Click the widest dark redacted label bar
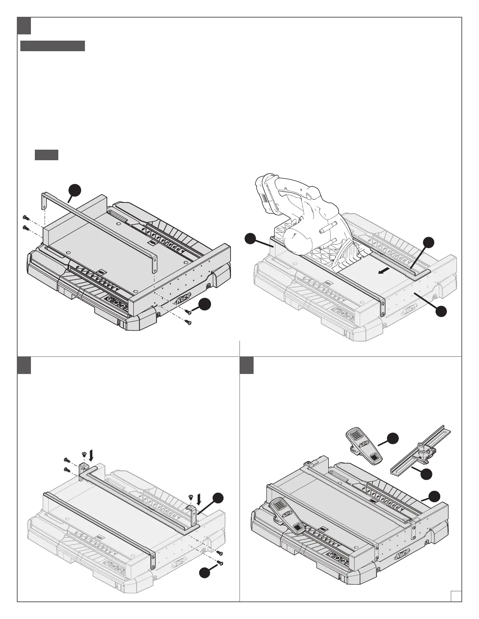click(52, 46)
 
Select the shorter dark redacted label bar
click(47, 155)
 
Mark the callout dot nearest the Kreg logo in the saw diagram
click(442, 311)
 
